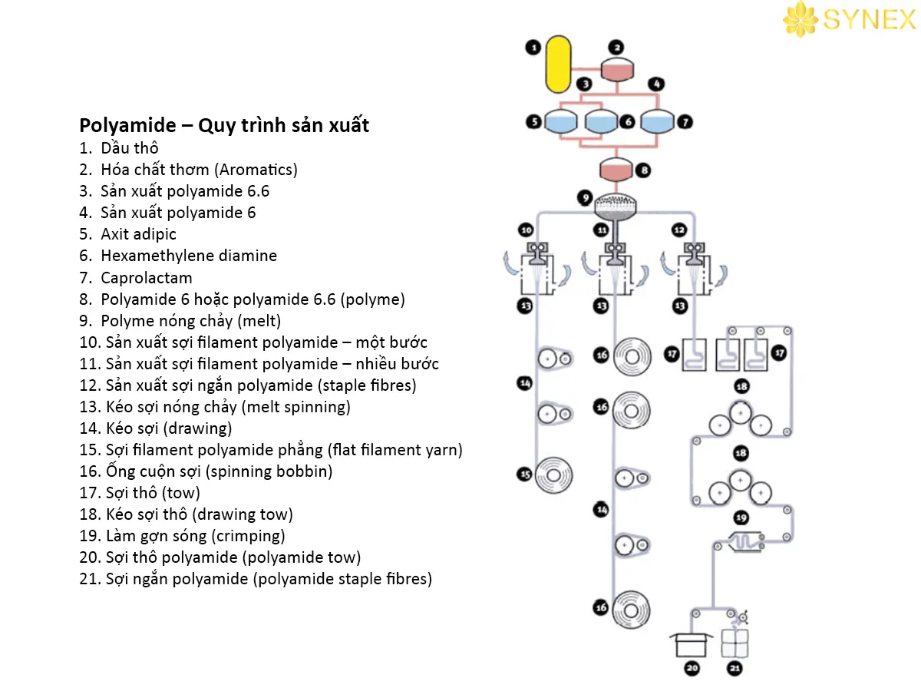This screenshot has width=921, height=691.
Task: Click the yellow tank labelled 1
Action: [558, 62]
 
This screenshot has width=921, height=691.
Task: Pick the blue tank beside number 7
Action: [657, 121]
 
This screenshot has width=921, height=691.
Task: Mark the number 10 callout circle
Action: [526, 229]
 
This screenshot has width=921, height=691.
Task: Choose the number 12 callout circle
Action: [678, 229]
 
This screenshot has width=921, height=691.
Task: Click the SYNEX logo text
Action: [870, 19]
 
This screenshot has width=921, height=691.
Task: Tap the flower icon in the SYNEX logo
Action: [801, 18]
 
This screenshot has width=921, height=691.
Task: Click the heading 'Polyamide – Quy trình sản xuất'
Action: [224, 125]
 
